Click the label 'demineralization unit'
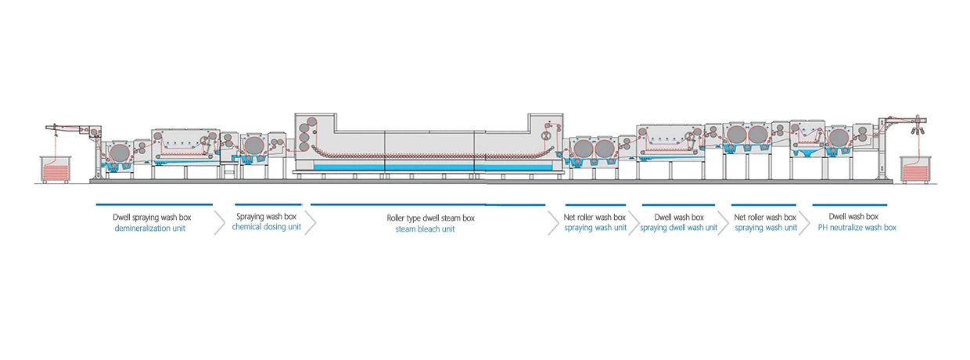click(150, 229)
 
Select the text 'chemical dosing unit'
click(266, 228)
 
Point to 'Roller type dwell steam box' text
click(430, 218)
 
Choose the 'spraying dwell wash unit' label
click(678, 228)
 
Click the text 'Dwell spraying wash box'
click(152, 216)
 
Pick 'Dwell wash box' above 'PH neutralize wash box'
click(854, 216)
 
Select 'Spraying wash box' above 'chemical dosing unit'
click(266, 216)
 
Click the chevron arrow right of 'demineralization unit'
click(219, 222)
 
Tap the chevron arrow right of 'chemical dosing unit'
click(310, 222)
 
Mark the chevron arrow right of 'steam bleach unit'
click(553, 222)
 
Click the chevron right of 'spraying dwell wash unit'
click(724, 222)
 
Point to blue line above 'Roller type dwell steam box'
click(427, 205)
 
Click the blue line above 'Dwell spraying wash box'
click(153, 205)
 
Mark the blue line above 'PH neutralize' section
click(853, 205)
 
